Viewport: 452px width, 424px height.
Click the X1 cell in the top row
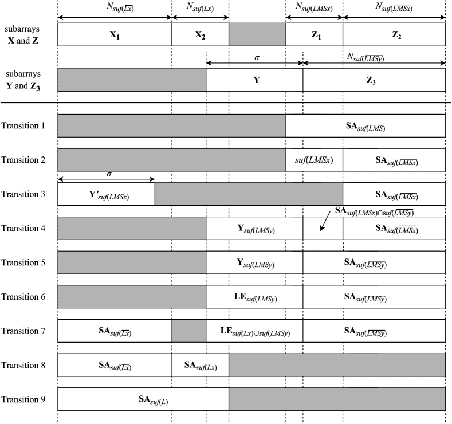115,34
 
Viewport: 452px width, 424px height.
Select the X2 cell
200,34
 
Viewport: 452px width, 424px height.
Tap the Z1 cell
315,34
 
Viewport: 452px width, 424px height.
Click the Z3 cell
374,80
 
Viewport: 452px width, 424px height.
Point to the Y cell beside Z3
255,80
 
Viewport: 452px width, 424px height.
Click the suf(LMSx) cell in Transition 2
315,160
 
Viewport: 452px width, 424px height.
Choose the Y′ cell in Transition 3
107,195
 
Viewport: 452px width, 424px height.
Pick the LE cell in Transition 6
255,297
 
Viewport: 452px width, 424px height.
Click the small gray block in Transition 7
189,331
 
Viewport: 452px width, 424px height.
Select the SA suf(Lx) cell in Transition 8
200,365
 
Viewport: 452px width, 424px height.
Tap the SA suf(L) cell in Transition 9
143,399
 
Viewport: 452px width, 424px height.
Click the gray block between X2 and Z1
257,34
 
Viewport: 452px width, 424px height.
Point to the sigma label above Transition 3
109,173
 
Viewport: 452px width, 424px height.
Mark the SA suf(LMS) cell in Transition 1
365,126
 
